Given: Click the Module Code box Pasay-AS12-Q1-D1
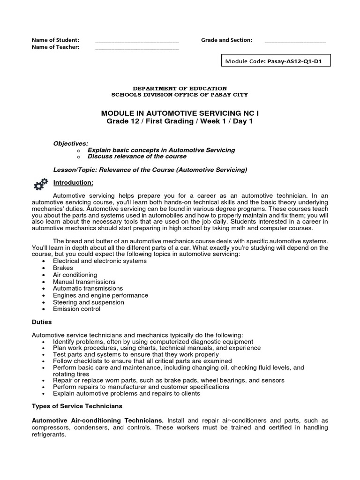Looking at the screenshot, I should coord(276,61).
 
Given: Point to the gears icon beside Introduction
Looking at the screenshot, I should coord(40,184).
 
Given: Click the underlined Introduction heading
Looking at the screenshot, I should coord(73,182).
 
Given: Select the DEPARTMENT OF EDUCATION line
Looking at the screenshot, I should coord(180,88).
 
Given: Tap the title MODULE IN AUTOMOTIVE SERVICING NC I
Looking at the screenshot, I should coord(180,113).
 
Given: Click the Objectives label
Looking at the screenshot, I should coord(70,143).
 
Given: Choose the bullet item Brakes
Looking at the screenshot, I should coord(63,268).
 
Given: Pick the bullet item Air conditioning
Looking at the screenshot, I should coord(75,275).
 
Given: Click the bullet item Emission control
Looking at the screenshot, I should coord(76,309).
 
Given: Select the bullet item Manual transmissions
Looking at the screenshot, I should coord(84,282).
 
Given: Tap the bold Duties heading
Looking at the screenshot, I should coord(42,322).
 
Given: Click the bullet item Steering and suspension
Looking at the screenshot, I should coord(88,302).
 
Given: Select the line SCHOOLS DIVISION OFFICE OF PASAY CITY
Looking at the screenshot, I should coord(180,95).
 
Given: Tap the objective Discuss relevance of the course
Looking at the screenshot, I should coord(137,157).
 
